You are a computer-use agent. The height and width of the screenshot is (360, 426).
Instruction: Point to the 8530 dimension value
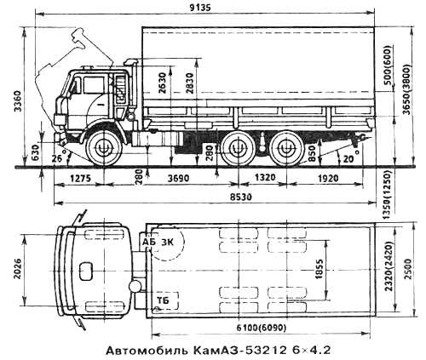(210, 197)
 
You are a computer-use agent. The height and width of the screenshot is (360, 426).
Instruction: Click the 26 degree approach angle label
(55, 157)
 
